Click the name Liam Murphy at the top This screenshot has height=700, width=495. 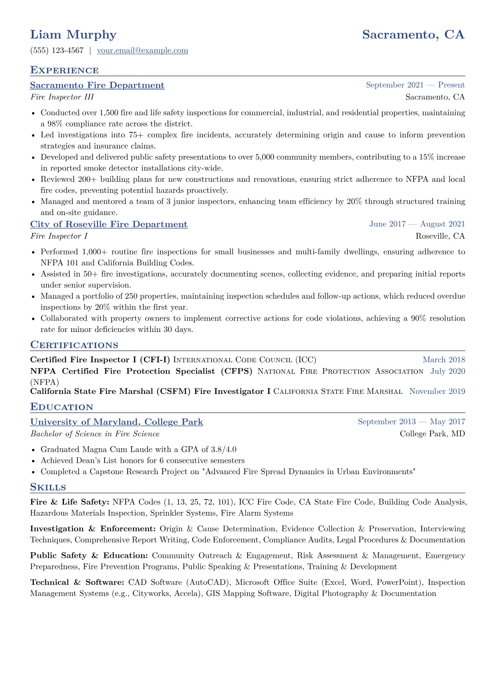pyautogui.click(x=73, y=35)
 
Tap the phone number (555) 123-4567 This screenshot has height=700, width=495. pyautogui.click(x=57, y=51)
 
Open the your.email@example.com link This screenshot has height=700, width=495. pyautogui.click(x=142, y=51)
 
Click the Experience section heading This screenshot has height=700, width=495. pyautogui.click(x=64, y=70)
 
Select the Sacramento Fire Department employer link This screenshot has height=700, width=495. pyautogui.click(x=97, y=85)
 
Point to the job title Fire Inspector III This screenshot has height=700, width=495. pyautogui.click(x=62, y=97)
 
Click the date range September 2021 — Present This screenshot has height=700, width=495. pyautogui.click(x=415, y=85)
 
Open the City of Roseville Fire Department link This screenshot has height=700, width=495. pyautogui.click(x=109, y=225)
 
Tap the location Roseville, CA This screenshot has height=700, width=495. pyautogui.click(x=440, y=236)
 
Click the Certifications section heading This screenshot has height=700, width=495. pyautogui.click(x=74, y=345)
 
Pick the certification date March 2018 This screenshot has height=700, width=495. pyautogui.click(x=444, y=360)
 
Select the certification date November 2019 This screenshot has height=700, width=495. pyautogui.click(x=437, y=391)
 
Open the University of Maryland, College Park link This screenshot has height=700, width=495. pyautogui.click(x=116, y=422)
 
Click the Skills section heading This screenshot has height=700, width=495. pyautogui.click(x=48, y=487)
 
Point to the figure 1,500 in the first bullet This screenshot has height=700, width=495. pyautogui.click(x=109, y=113)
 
